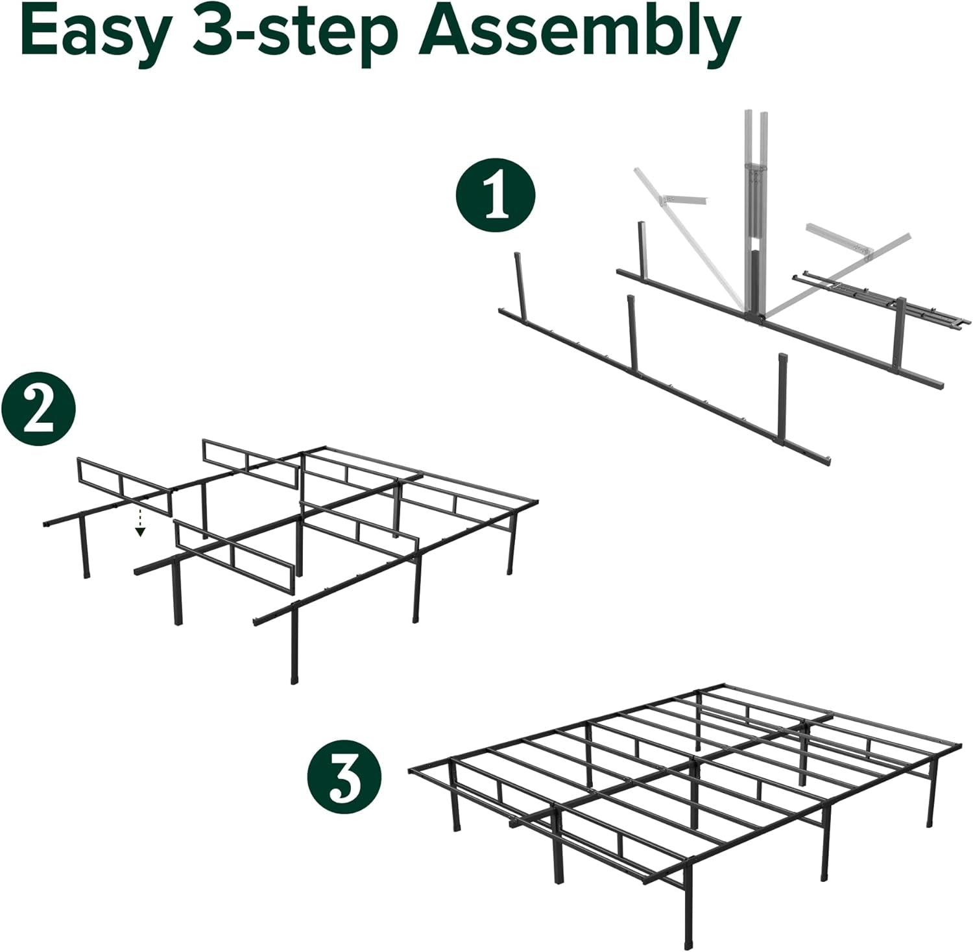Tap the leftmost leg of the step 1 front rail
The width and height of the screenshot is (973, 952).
(519, 282)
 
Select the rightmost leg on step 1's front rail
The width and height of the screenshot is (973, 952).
(783, 376)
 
